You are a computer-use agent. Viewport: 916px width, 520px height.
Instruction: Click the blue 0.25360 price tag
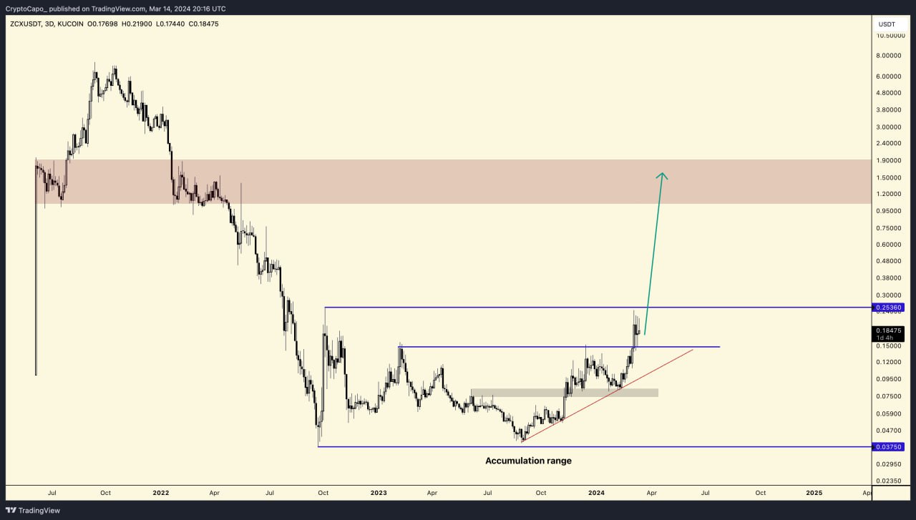[x=888, y=308]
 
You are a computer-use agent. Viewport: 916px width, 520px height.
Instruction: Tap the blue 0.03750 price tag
[x=888, y=447]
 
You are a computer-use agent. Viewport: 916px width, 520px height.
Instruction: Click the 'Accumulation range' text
[x=528, y=461]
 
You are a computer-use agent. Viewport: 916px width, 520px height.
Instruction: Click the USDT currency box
[x=887, y=24]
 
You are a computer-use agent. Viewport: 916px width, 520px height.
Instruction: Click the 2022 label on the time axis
[x=161, y=493]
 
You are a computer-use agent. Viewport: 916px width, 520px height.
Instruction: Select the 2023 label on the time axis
[x=379, y=493]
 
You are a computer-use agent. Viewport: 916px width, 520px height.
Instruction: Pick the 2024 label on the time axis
[x=596, y=493]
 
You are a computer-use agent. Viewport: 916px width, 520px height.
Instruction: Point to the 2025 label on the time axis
[x=814, y=493]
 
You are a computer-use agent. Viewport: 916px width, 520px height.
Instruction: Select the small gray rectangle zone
[x=564, y=393]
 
